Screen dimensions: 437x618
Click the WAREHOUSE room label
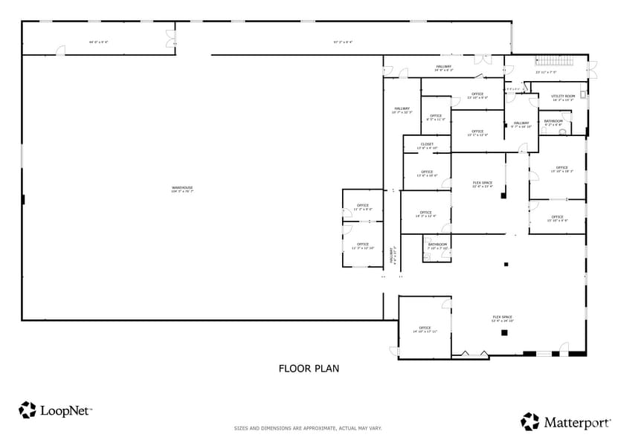coord(182,190)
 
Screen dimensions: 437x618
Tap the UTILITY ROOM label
coord(563,97)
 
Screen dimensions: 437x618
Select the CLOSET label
coord(427,146)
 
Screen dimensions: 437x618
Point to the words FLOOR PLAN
coord(309,368)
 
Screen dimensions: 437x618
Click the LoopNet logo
coord(55,410)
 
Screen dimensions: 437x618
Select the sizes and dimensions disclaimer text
coord(308,428)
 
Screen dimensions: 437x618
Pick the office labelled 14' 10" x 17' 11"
coord(425,328)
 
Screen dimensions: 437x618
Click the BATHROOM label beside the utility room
coord(553,122)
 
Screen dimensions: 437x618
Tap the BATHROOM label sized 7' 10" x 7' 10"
coord(437,245)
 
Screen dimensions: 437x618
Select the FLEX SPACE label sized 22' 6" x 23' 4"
coord(483,184)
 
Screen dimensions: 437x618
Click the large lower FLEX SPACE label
coord(502,319)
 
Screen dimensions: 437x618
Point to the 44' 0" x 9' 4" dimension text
coord(98,42)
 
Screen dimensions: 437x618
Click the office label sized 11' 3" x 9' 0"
coord(362,207)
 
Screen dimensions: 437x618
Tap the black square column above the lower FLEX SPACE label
coord(506,264)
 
